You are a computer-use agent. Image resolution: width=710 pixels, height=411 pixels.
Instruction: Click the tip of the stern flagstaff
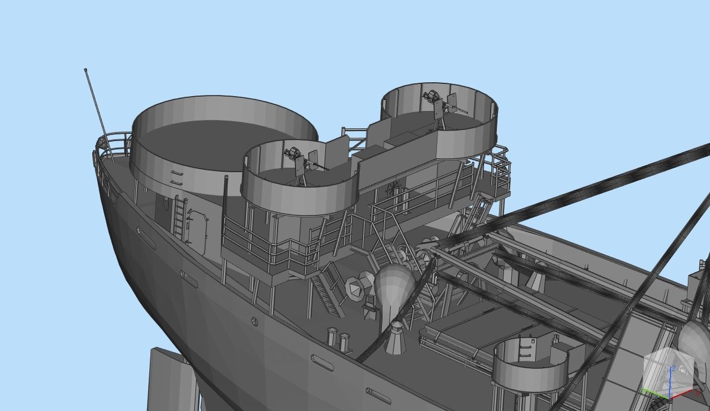point(85,69)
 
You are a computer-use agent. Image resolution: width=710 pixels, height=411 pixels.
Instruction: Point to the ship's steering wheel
point(394,188)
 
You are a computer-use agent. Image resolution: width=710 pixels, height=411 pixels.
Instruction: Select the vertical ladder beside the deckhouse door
point(179,217)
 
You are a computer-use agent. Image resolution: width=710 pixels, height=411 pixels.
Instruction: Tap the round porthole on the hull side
point(254,322)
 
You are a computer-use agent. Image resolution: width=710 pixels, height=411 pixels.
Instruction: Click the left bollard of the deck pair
point(333,337)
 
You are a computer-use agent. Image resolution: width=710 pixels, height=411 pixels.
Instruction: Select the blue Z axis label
point(673,368)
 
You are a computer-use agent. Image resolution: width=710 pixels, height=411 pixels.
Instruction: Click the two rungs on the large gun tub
point(177,177)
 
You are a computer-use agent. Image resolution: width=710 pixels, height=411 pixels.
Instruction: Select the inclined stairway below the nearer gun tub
point(328,289)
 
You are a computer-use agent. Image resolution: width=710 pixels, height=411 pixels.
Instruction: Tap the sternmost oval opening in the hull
point(146,238)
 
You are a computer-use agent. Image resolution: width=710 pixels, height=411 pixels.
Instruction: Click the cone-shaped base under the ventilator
point(396,338)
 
